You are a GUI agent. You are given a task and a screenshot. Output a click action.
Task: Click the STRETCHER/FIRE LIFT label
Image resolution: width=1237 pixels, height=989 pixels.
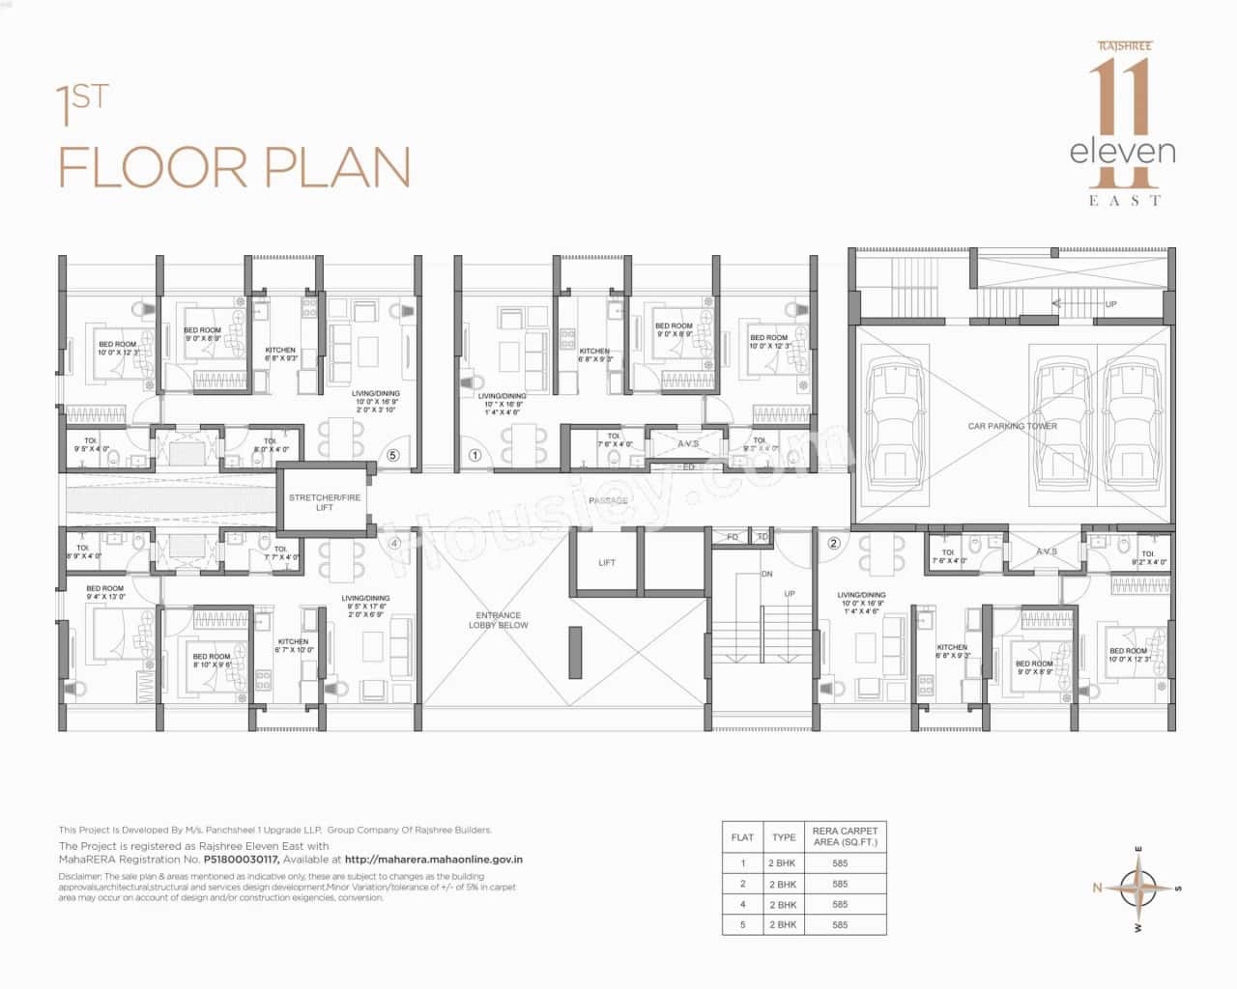(x=325, y=502)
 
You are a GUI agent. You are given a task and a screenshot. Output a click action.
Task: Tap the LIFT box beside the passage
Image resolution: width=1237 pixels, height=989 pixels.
(x=607, y=562)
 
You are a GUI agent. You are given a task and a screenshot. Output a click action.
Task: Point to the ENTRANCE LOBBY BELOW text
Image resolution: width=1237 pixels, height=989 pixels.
(x=499, y=620)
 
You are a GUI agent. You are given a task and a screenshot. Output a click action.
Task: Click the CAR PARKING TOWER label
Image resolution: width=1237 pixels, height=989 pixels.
(x=1013, y=426)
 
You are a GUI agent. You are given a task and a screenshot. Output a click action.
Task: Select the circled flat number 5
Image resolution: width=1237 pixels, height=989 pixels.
(x=392, y=455)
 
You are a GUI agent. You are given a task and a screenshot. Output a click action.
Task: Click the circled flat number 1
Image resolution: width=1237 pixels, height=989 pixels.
(x=475, y=455)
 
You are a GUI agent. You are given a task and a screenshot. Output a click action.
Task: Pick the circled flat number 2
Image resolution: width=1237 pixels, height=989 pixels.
(x=834, y=543)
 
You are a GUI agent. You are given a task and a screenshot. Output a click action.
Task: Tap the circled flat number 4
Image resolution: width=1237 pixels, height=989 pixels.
(x=393, y=543)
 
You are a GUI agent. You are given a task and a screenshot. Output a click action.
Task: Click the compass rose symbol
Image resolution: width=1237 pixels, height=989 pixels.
(x=1140, y=887)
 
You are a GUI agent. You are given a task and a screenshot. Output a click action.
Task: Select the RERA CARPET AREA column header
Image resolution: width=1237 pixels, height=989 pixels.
(x=846, y=836)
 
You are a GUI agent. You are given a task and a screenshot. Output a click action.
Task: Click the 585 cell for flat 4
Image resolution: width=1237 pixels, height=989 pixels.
(x=840, y=905)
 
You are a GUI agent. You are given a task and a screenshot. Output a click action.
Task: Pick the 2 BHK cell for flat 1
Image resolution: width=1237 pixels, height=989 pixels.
(x=783, y=863)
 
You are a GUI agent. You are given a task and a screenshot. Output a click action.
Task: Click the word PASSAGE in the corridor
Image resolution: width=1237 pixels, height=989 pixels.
(x=608, y=500)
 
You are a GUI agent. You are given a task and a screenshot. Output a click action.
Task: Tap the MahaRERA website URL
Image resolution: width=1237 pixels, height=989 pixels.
(x=434, y=859)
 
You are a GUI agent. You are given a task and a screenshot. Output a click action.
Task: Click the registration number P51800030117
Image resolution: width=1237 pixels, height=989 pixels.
(x=241, y=859)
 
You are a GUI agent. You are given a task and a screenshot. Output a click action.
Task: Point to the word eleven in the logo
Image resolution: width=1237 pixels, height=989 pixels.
(x=1123, y=152)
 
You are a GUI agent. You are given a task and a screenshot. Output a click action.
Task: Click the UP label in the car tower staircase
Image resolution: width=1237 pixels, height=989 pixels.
(x=1111, y=304)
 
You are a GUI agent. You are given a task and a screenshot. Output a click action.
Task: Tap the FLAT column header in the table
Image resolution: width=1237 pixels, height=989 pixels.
(x=742, y=837)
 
